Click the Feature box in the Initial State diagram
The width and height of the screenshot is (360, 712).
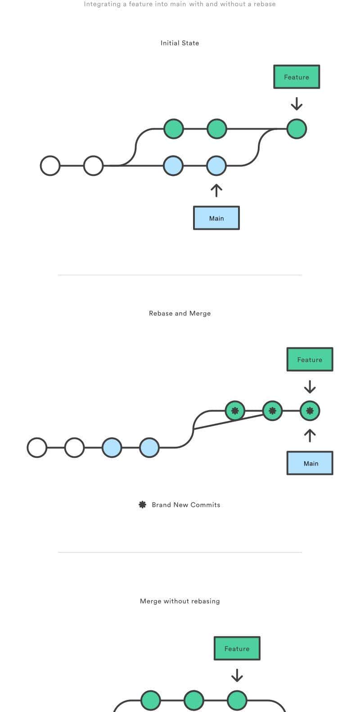tap(297, 77)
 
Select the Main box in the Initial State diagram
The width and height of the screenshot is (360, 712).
tap(216, 218)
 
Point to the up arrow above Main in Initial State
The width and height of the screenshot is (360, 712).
tap(216, 190)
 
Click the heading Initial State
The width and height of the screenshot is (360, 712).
tap(180, 43)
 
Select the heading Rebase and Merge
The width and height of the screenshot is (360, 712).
tap(180, 313)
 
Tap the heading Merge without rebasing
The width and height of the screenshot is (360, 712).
tap(180, 601)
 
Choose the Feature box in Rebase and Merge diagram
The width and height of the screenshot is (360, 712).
tap(310, 360)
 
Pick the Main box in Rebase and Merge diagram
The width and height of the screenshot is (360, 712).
tap(310, 463)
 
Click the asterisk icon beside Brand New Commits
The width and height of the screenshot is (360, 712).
tap(143, 505)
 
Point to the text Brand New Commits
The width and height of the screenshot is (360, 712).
tap(186, 505)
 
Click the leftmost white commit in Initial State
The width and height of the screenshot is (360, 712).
tap(50, 166)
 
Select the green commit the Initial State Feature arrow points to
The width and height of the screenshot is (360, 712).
tap(297, 129)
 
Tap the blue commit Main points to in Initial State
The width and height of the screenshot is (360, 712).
tap(216, 166)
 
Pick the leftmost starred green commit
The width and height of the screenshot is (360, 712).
tap(235, 411)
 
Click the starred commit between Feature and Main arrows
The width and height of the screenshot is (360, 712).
tap(310, 411)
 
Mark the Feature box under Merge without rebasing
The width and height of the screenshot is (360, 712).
tap(237, 649)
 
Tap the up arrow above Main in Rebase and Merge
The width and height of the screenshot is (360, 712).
tap(310, 435)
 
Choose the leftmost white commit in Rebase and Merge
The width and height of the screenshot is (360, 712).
tap(37, 448)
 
